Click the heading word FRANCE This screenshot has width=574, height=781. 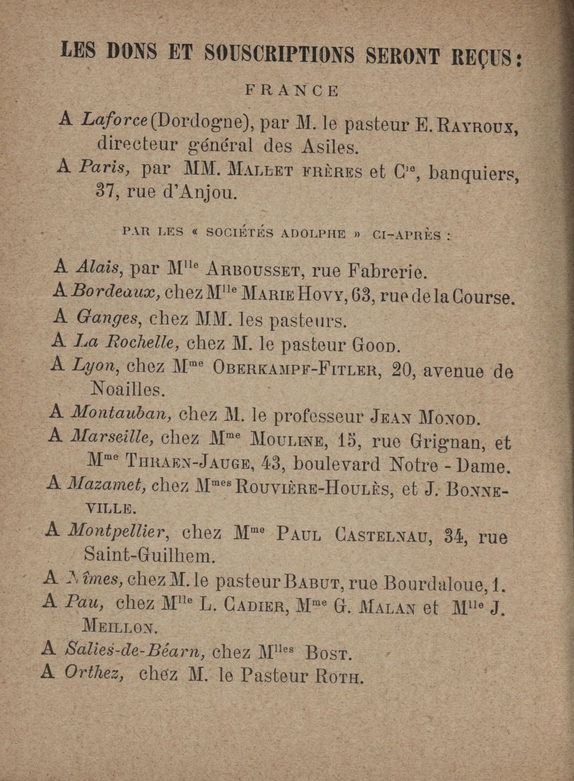coord(291,91)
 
